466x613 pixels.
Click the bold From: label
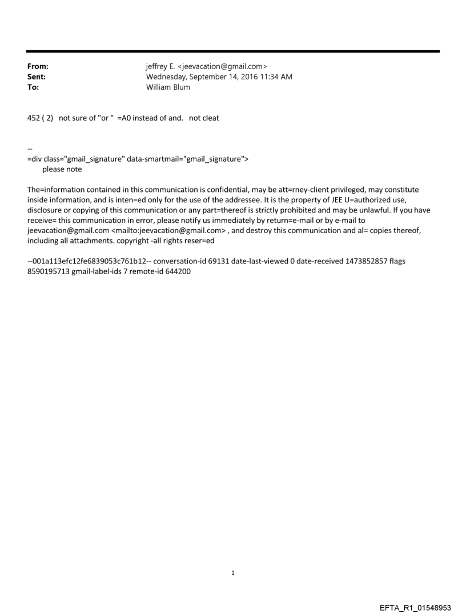pyautogui.click(x=37, y=67)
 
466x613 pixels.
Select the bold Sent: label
pyautogui.click(x=37, y=76)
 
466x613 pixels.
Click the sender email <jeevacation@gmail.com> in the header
pyautogui.click(x=223, y=67)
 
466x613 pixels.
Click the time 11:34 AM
pyautogui.click(x=275, y=76)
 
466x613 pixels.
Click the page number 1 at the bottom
pyautogui.click(x=233, y=572)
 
